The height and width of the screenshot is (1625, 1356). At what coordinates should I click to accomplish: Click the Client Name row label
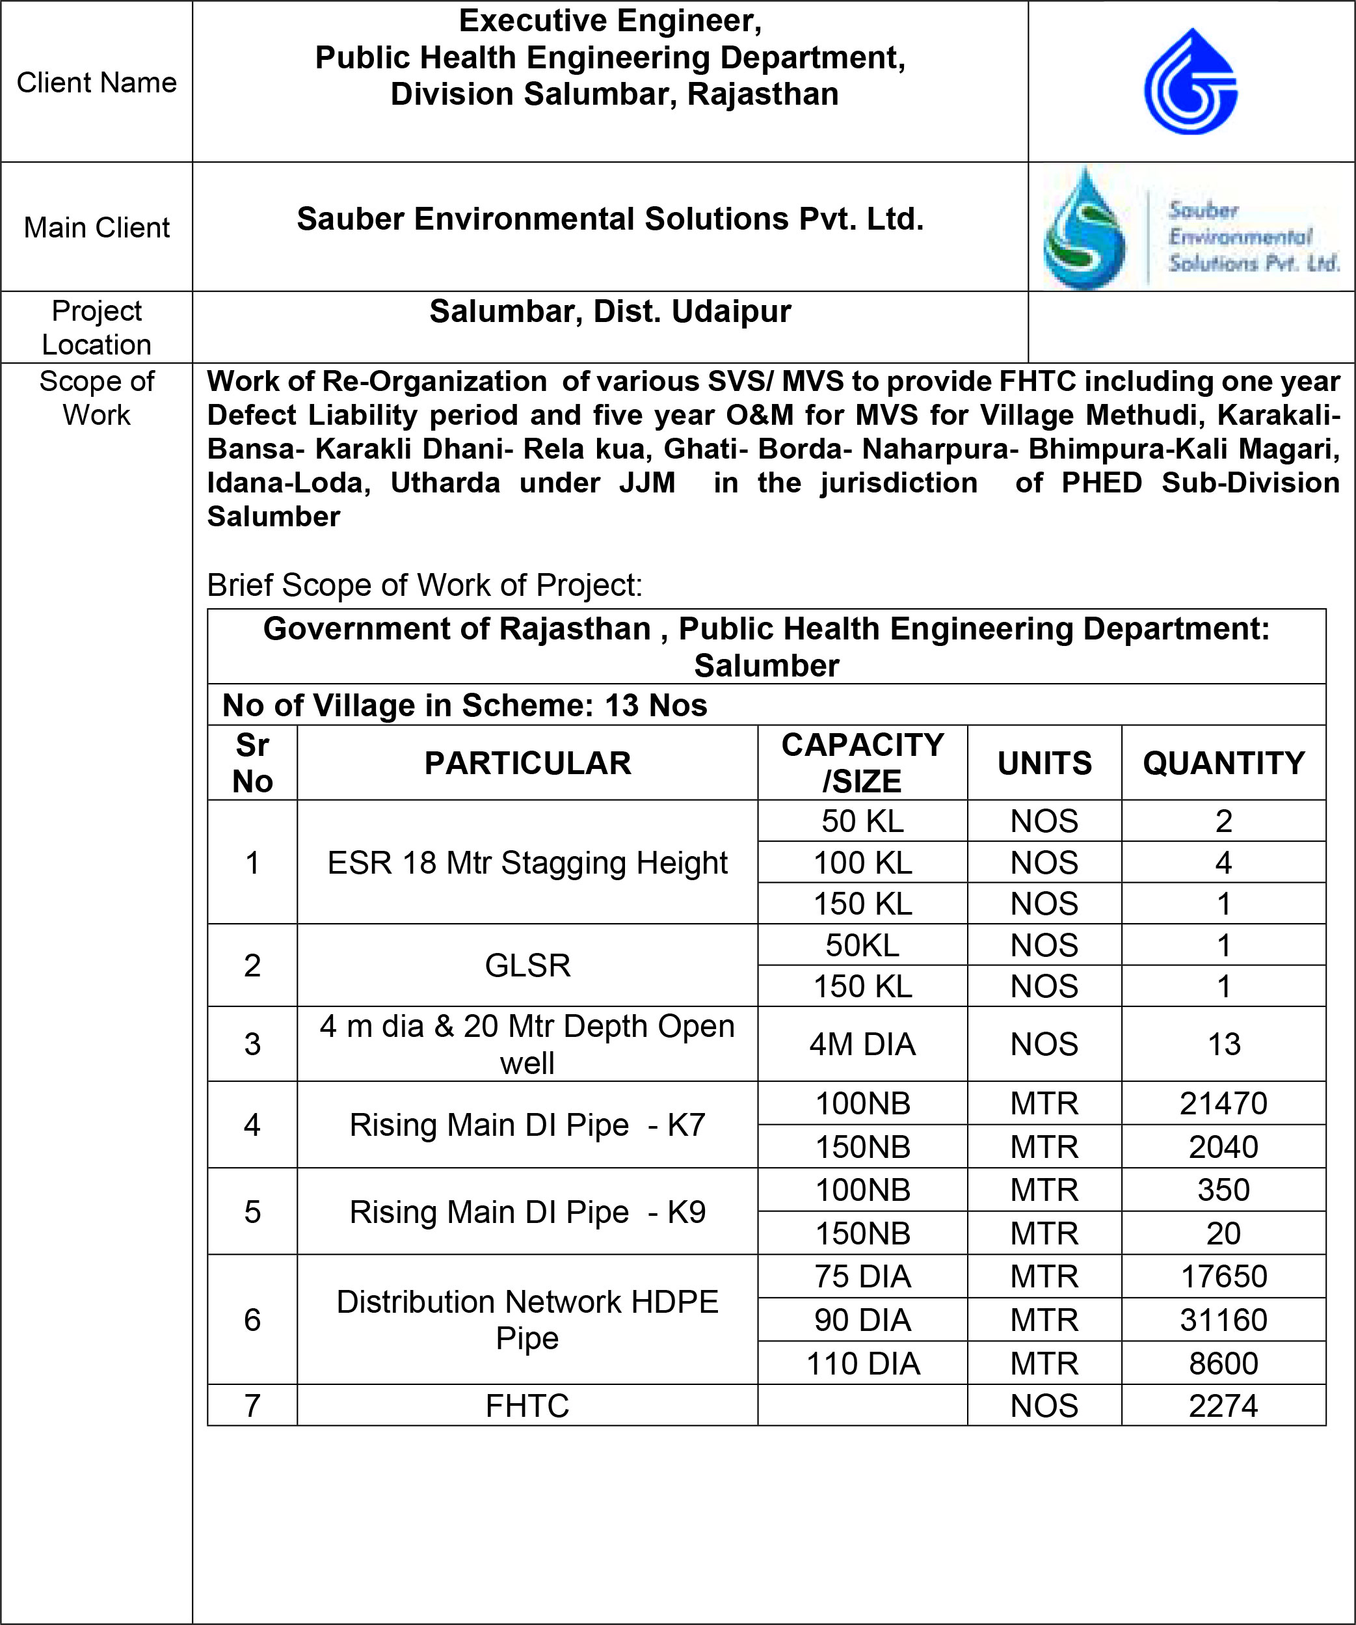click(x=97, y=83)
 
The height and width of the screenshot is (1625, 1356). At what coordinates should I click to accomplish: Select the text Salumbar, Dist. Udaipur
click(x=610, y=312)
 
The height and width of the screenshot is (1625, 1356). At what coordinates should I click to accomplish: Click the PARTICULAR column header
click(x=527, y=764)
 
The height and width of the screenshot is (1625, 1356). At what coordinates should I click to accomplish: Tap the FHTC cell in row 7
click(x=527, y=1406)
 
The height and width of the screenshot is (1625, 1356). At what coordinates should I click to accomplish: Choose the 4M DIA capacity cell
click(x=862, y=1045)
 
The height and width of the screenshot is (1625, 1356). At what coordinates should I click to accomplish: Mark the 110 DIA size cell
click(x=862, y=1363)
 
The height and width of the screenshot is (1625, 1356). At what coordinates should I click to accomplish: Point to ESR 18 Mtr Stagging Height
click(x=527, y=863)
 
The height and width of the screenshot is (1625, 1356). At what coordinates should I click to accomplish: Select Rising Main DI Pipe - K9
click(x=527, y=1212)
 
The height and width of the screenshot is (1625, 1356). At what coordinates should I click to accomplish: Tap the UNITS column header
click(x=1044, y=764)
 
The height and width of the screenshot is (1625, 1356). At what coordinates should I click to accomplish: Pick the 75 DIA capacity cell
click(x=862, y=1277)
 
